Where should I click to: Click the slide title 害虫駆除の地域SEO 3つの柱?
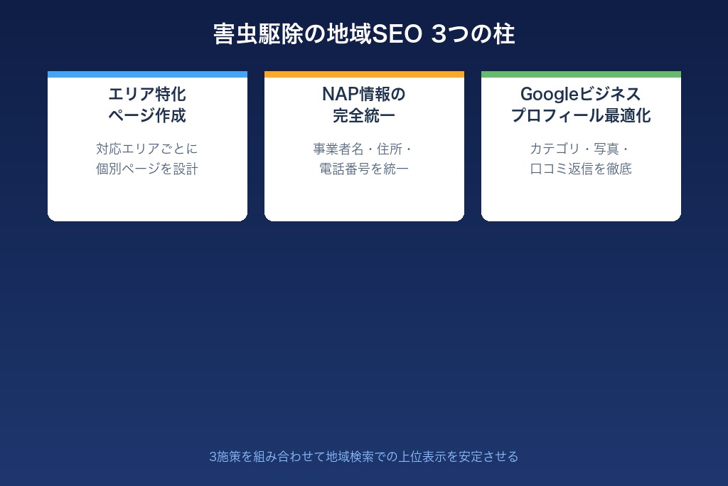(x=364, y=34)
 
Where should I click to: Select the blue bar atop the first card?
(x=147, y=74)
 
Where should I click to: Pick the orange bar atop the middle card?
(x=364, y=74)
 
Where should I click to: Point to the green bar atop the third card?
(x=581, y=74)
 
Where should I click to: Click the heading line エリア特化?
(x=147, y=94)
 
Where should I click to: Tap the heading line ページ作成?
(x=147, y=115)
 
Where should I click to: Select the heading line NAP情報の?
(x=364, y=94)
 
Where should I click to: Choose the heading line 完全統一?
(x=364, y=115)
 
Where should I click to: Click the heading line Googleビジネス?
(x=581, y=94)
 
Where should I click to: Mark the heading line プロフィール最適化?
(x=581, y=115)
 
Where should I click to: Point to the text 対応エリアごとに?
(x=147, y=149)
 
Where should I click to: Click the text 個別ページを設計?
(x=147, y=169)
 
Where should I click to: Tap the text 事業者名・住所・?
(x=364, y=149)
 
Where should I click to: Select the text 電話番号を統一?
(x=364, y=169)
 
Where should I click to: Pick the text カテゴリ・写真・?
(x=581, y=149)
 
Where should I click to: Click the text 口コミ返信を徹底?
(x=581, y=169)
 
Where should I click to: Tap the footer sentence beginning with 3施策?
(x=364, y=456)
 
